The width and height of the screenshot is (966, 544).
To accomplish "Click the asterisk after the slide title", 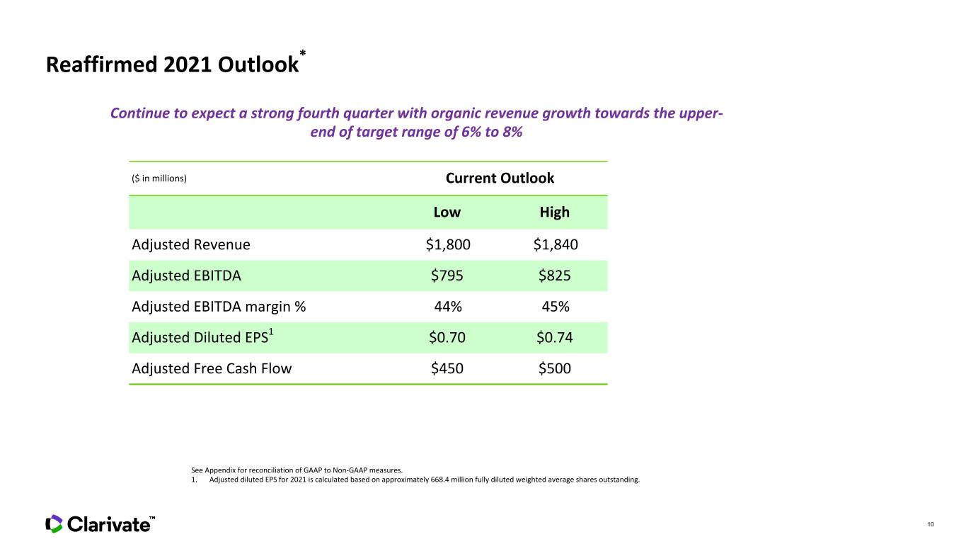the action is click(x=303, y=53).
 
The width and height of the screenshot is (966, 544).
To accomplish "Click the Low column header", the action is click(x=447, y=212).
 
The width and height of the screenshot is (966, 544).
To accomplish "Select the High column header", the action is click(x=555, y=212).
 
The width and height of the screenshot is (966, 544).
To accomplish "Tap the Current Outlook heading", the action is click(x=500, y=178).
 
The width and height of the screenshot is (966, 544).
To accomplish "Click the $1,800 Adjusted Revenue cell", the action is click(x=448, y=245).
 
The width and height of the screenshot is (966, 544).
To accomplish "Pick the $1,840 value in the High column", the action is click(x=556, y=245).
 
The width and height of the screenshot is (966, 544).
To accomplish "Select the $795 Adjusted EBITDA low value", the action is click(x=447, y=276).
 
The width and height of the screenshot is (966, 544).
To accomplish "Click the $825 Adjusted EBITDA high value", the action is click(x=555, y=276).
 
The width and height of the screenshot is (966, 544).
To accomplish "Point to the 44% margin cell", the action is click(x=448, y=307).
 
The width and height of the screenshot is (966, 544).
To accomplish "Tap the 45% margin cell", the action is click(x=556, y=307).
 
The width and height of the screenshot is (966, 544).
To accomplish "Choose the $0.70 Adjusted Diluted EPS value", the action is click(x=447, y=337).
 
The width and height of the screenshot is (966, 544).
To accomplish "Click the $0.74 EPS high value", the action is click(x=555, y=337).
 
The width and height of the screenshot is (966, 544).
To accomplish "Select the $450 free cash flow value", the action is click(x=447, y=368).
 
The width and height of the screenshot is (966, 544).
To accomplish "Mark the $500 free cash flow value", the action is click(x=555, y=368).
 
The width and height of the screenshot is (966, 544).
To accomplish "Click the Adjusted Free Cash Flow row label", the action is click(x=212, y=368).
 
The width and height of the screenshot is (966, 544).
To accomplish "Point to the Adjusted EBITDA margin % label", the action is click(x=219, y=307).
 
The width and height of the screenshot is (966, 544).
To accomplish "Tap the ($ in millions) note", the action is click(x=159, y=178).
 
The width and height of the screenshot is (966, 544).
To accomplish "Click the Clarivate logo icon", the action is click(x=54, y=523).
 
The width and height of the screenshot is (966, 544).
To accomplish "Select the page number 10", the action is click(x=931, y=524).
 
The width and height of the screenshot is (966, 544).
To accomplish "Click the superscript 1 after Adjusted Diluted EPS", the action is click(x=271, y=331).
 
